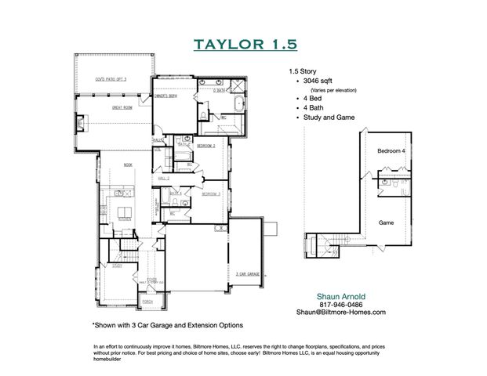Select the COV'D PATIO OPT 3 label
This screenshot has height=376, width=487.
[111, 80]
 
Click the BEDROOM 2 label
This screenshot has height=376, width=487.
[207, 146]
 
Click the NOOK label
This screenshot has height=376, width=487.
[129, 164]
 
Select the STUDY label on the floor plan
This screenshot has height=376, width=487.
[117, 266]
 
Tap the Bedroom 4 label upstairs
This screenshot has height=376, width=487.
[391, 150]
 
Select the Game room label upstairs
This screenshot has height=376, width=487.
[387, 222]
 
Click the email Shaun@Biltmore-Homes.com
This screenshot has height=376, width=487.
[340, 312]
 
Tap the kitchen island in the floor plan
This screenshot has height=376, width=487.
[123, 212]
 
